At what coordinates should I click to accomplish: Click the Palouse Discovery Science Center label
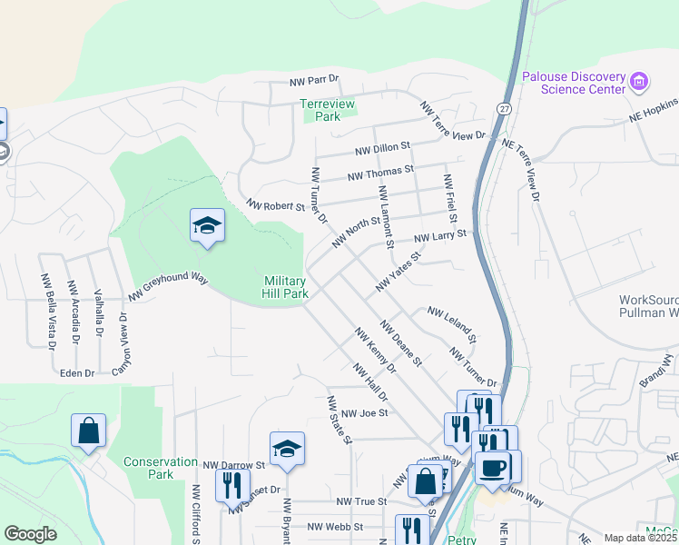click(x=574, y=83)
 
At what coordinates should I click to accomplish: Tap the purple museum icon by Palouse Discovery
click(x=639, y=82)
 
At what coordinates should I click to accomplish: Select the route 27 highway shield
click(x=503, y=107)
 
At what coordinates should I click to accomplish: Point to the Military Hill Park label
click(x=286, y=287)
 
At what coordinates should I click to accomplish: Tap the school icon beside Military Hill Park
click(x=207, y=226)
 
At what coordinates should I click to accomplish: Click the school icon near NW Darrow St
click(x=287, y=450)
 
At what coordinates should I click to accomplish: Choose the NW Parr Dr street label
click(x=314, y=82)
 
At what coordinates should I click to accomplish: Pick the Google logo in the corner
click(x=30, y=534)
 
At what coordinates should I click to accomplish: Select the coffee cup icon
click(x=492, y=468)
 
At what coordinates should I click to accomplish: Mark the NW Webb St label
click(x=335, y=526)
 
